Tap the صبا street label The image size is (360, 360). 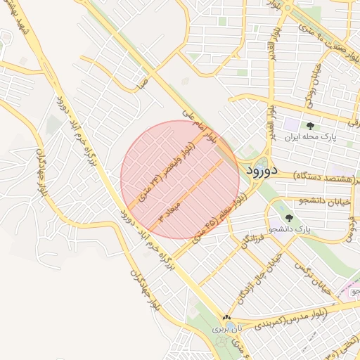[143, 84]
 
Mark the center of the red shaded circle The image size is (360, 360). [180, 179]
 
